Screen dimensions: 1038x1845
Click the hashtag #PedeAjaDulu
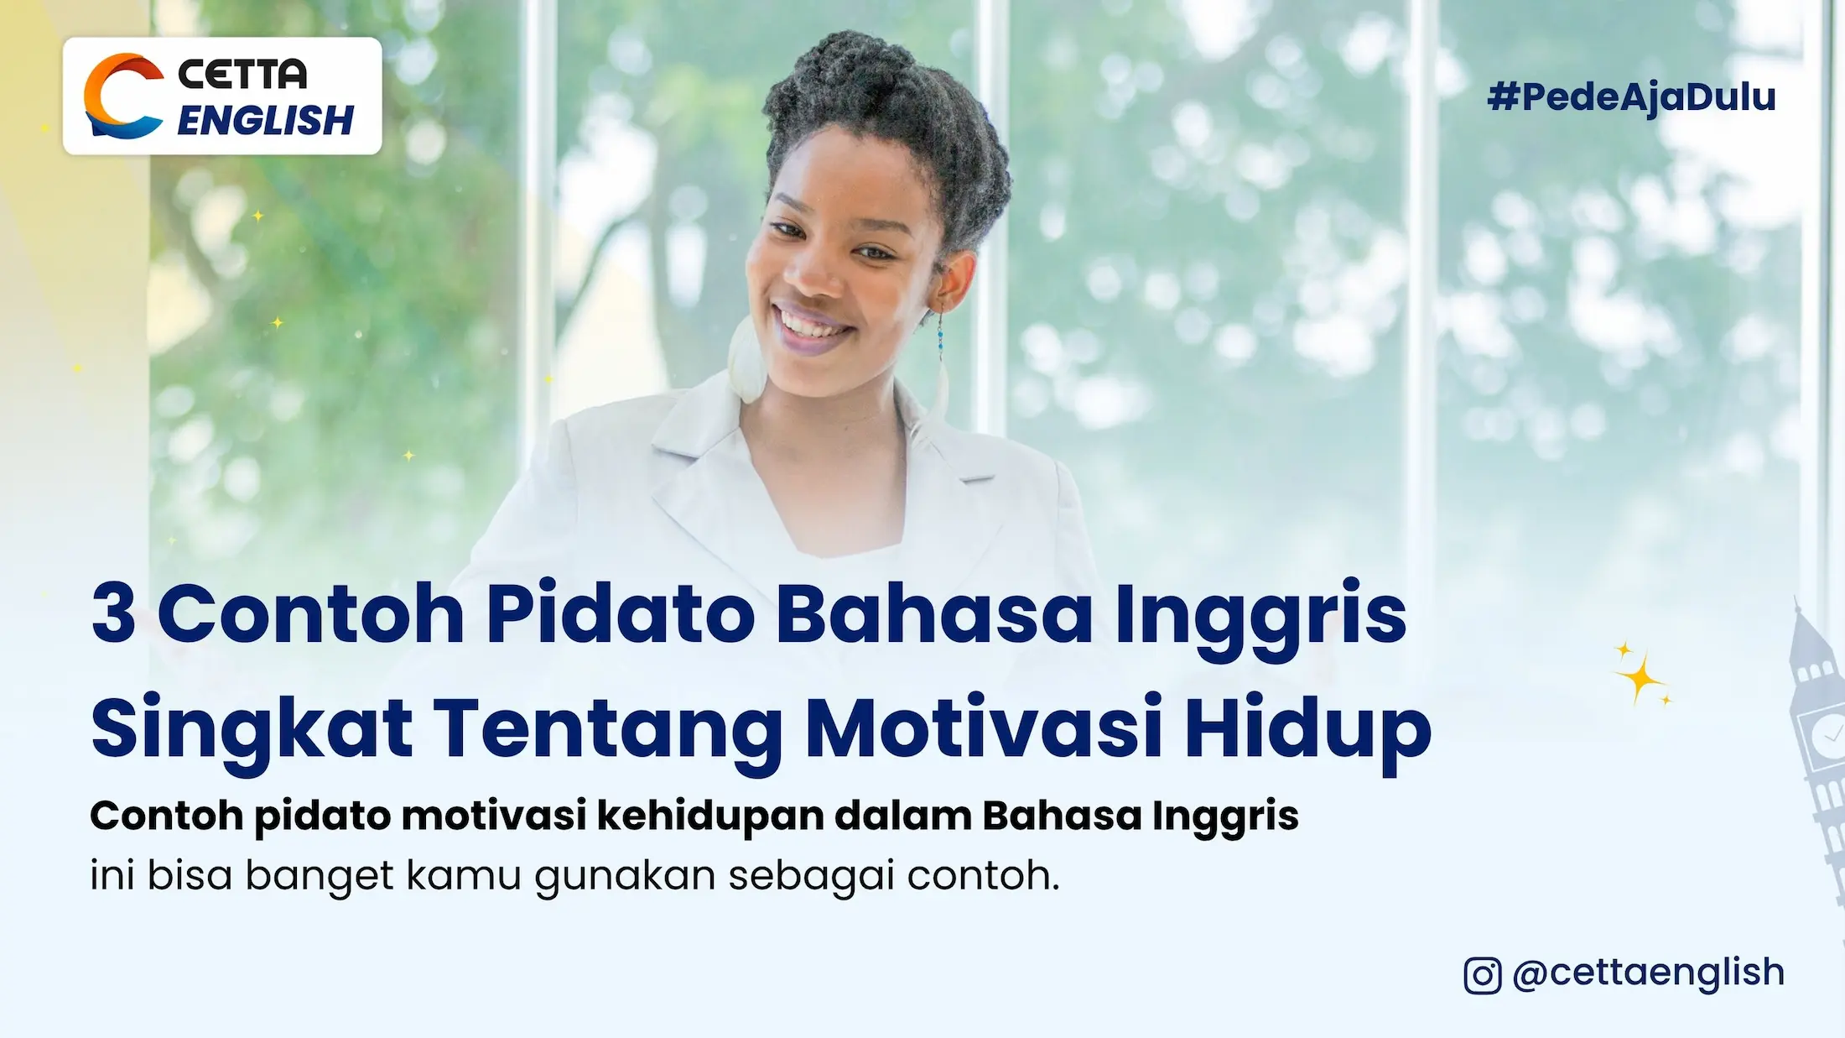click(1631, 97)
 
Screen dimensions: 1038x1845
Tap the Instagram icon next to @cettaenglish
click(1482, 975)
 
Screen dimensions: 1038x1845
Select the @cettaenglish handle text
click(1648, 973)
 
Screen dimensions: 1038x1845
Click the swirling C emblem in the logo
click(122, 96)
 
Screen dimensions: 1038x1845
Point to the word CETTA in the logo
click(242, 74)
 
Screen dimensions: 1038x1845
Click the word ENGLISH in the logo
click(265, 121)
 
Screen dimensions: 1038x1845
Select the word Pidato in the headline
click(621, 614)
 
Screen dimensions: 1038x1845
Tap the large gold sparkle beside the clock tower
click(1640, 676)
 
